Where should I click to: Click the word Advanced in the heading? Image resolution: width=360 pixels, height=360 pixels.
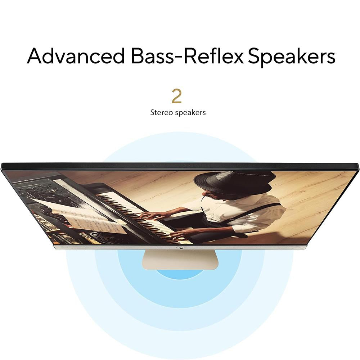[76, 56]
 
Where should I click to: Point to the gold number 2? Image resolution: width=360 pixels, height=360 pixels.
[176, 96]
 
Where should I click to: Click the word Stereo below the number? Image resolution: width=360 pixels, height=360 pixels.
[162, 112]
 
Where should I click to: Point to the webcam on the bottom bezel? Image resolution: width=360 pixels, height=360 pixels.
[181, 248]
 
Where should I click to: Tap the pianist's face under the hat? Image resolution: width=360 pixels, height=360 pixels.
[212, 197]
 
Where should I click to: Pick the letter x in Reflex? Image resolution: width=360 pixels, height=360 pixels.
[237, 57]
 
